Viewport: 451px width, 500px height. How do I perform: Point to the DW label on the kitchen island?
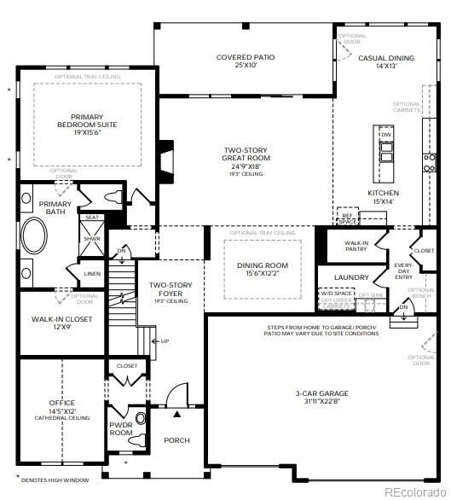coord(386,135)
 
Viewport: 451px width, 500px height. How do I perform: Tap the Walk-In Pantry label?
coord(356,247)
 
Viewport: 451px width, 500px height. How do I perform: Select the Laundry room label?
coord(350,277)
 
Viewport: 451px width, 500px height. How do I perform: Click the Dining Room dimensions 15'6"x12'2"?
coord(262,275)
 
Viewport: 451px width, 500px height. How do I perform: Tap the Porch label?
coord(176,440)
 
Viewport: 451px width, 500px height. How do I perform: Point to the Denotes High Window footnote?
coord(51,480)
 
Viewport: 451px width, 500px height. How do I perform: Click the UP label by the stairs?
coord(165,340)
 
